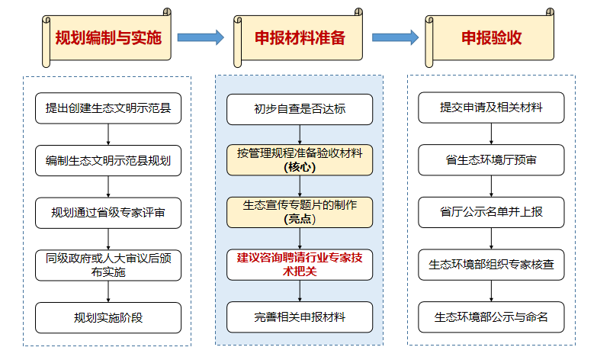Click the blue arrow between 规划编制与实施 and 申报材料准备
coord(201,37)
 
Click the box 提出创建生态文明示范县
coord(108,108)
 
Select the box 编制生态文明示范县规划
coord(108,160)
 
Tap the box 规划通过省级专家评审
coord(108,212)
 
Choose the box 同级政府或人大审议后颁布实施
coord(108,264)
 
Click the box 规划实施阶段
coord(108,317)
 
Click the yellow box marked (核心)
coord(300,160)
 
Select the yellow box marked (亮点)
coord(300,211)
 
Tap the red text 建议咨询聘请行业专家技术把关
coord(300,264)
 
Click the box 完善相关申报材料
coord(300,317)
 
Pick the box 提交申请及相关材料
coord(492,108)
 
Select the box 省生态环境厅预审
coord(492,160)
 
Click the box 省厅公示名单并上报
coord(492,212)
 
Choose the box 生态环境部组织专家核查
coord(492,264)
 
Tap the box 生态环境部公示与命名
coord(492,317)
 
